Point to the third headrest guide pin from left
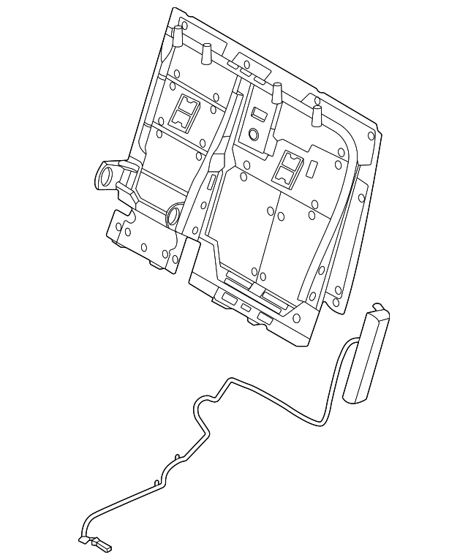277,93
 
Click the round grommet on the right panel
254,135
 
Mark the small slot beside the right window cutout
310,167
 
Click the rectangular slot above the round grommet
258,115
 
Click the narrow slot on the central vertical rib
211,183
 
